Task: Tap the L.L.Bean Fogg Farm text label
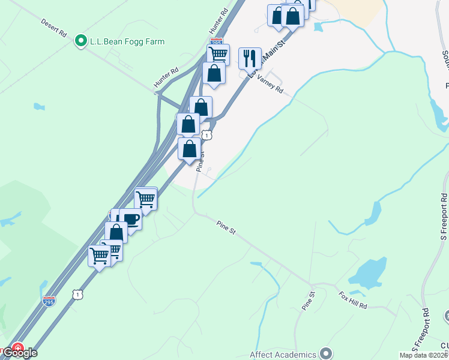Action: click(x=127, y=41)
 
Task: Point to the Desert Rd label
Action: click(x=53, y=28)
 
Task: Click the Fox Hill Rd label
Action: click(x=352, y=301)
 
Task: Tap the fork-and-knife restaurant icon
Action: click(x=250, y=58)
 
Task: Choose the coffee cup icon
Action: click(x=130, y=219)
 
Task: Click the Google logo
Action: click(x=22, y=353)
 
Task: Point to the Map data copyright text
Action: click(x=423, y=355)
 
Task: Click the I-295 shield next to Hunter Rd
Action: click(x=217, y=43)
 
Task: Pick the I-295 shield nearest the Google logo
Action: click(x=50, y=299)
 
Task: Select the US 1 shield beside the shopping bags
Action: click(x=206, y=135)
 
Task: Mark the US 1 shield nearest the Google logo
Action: click(x=77, y=294)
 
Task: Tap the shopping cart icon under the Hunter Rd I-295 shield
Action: click(x=218, y=55)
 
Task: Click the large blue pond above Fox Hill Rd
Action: click(x=368, y=273)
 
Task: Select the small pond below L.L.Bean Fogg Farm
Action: click(x=39, y=107)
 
